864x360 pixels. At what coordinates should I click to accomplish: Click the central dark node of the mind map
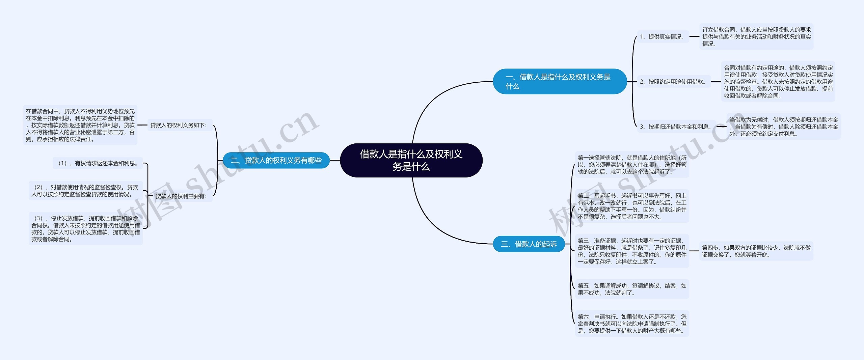coord(411,160)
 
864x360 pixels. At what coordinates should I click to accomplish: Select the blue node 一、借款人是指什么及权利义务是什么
coord(560,81)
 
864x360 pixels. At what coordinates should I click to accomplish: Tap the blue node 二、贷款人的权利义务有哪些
coord(276,160)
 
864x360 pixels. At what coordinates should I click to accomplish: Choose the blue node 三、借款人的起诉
coord(529,244)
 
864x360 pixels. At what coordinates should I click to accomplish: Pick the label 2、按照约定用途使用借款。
coord(674,82)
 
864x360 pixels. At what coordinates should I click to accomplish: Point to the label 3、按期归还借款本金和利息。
coord(676,127)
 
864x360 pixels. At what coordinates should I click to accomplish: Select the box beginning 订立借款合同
coord(756,37)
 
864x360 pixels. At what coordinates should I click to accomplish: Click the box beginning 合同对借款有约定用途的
coord(778,82)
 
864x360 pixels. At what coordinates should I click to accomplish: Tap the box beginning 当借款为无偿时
coord(783,127)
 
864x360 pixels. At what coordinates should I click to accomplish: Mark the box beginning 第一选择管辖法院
coord(632,165)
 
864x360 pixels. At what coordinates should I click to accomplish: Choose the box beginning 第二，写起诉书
coord(632,206)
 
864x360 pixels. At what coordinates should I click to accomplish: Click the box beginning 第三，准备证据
coord(632,251)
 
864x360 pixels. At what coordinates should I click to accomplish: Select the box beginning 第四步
coord(756,251)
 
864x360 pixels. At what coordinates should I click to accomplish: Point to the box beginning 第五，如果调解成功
coord(632,289)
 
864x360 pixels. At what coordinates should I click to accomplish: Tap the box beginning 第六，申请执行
coord(632,324)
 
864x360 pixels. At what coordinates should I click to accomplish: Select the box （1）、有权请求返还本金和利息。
coord(98,163)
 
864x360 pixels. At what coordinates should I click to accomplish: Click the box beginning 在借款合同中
coord(80,125)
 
